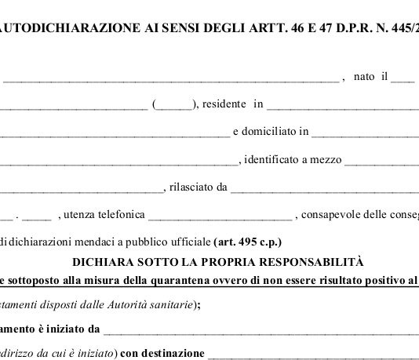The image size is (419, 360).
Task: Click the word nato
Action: pyautogui.click(x=364, y=76)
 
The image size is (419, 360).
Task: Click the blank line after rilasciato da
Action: pyautogui.click(x=322, y=189)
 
